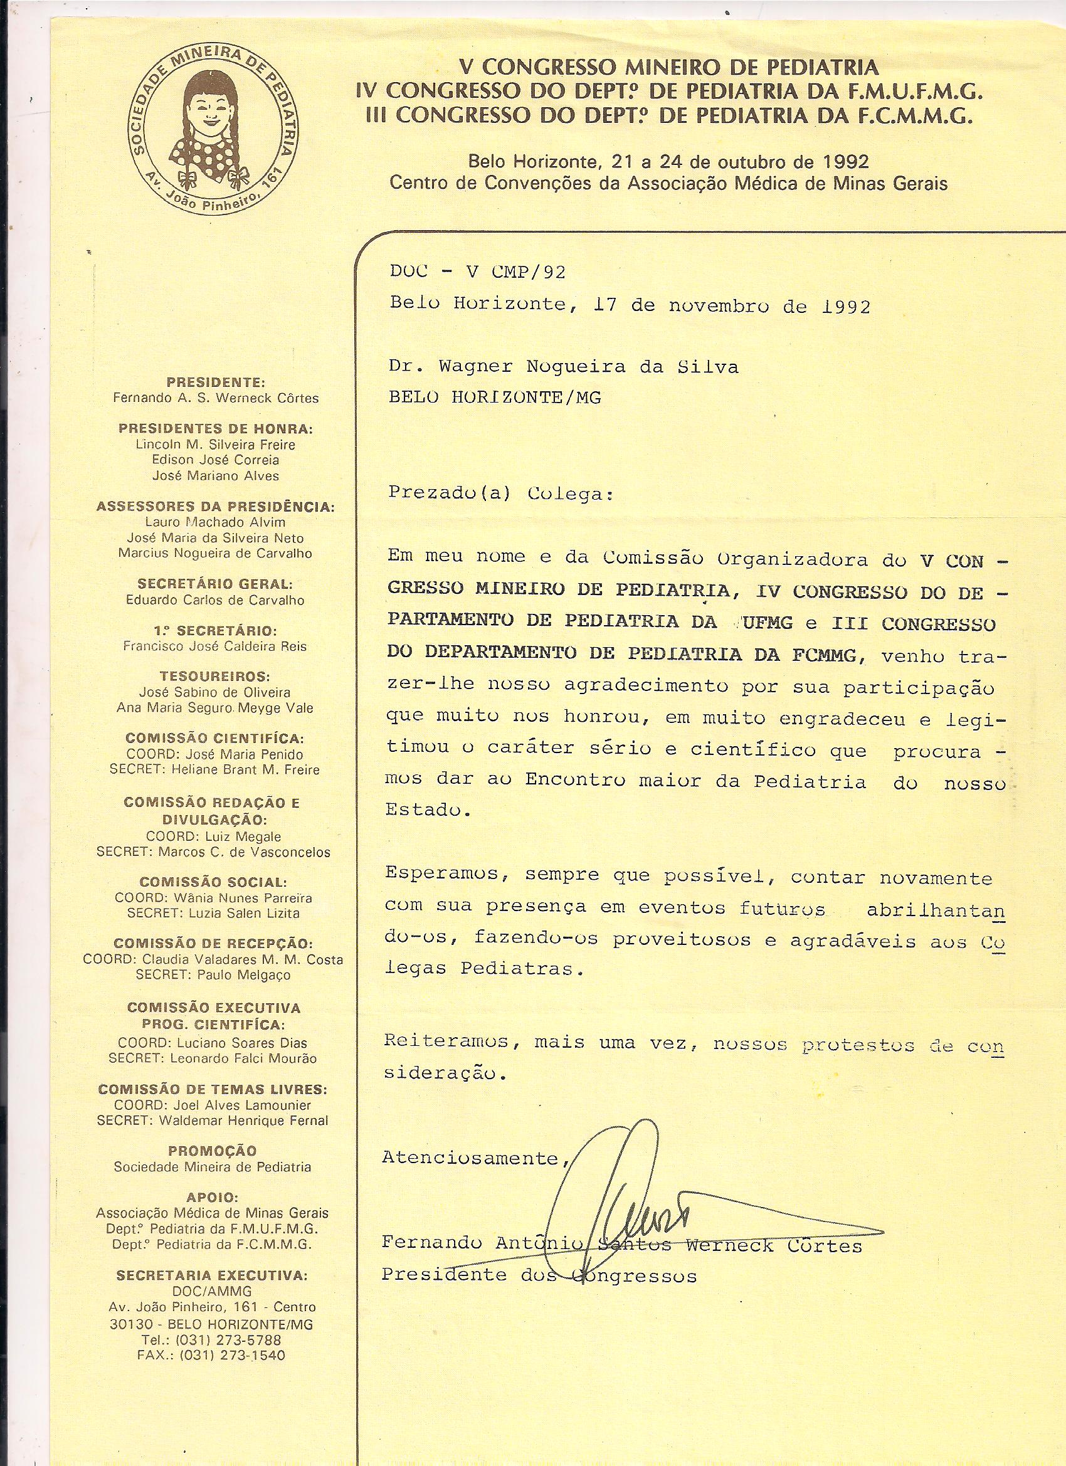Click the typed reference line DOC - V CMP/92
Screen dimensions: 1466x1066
(477, 272)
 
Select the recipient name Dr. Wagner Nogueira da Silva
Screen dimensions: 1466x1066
(563, 367)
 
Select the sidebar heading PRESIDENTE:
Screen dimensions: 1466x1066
(215, 382)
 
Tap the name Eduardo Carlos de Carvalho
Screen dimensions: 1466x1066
(215, 599)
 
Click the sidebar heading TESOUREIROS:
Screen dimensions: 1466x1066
(215, 676)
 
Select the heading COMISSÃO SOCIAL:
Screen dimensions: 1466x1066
(213, 882)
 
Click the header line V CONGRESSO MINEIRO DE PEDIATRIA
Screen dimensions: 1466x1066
(669, 66)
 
